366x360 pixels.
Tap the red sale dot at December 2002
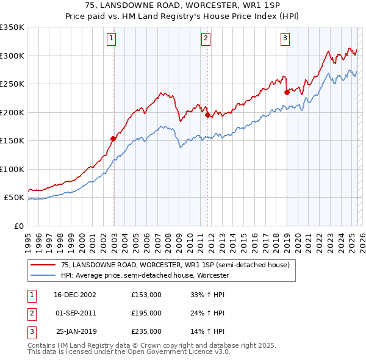[113, 139]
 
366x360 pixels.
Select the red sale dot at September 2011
[207, 115]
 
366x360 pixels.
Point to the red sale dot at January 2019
[287, 92]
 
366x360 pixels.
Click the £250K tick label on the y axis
[12, 84]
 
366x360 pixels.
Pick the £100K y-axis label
[12, 169]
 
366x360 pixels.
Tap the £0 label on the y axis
[18, 226]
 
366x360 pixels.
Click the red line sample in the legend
[43, 265]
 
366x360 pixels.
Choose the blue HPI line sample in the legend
[43, 275]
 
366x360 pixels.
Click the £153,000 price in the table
[146, 295]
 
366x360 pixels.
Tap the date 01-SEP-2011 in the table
[76, 313]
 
